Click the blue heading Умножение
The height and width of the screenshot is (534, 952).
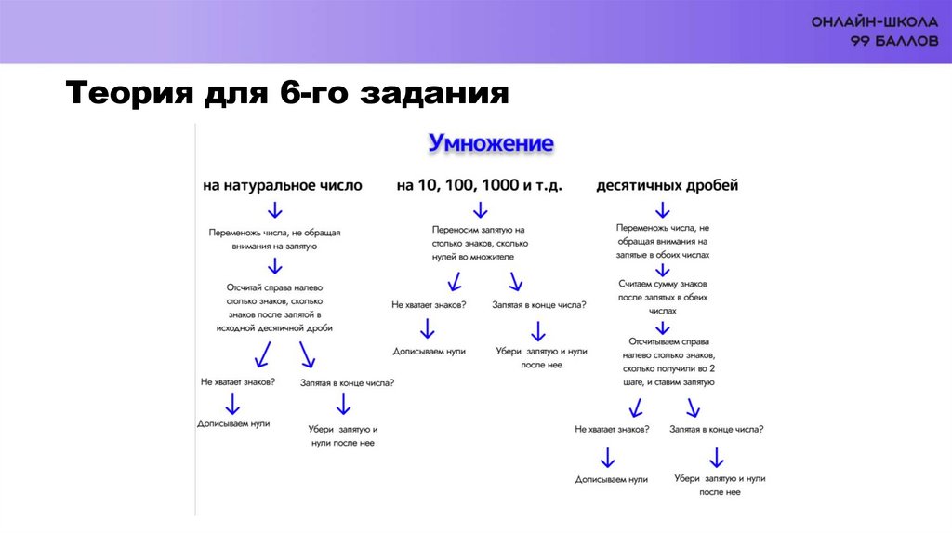coord(490,143)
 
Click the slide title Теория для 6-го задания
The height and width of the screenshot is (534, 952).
coord(287,94)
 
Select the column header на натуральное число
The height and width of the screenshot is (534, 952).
coord(283,185)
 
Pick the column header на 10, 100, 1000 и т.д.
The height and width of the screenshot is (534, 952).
coord(479,185)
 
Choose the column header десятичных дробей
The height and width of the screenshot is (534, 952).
coord(667,185)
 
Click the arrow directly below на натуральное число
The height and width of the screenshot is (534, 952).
coord(275,207)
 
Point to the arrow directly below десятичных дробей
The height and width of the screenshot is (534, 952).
coord(663,208)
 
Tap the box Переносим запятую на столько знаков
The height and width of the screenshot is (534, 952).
coord(479,242)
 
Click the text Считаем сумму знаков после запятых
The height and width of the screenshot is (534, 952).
coord(663,297)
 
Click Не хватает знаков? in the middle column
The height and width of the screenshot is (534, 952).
coord(429,304)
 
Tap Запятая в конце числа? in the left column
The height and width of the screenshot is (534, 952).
coord(347,381)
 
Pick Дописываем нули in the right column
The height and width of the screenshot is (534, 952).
coord(611,479)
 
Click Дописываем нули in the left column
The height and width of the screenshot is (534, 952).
coord(233,422)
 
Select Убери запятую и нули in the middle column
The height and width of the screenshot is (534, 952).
coord(541,358)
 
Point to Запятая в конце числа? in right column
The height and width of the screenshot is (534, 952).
coord(717,429)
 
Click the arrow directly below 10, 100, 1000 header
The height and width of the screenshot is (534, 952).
coord(478,207)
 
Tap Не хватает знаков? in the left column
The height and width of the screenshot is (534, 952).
coord(237,381)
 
